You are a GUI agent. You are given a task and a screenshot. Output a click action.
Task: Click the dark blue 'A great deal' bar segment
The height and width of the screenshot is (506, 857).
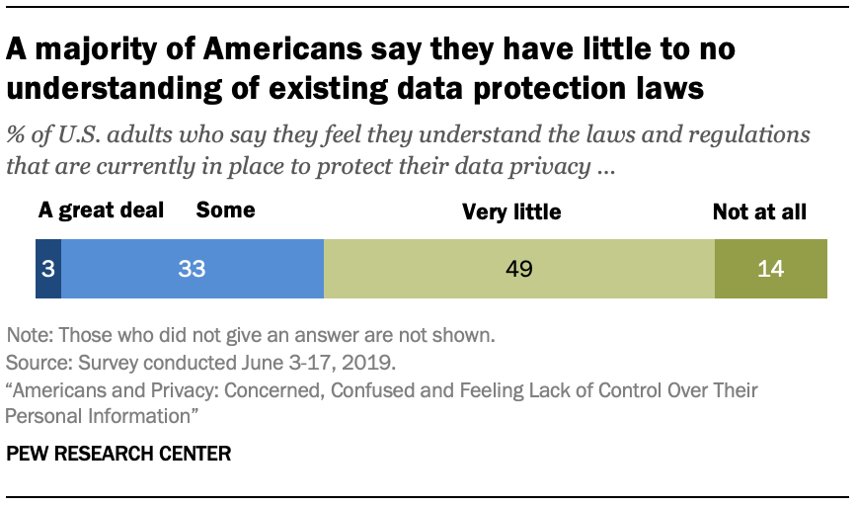pos(47,269)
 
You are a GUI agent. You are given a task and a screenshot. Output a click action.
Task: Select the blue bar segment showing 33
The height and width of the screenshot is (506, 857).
pos(192,269)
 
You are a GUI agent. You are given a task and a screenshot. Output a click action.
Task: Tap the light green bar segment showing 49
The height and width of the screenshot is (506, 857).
pos(518,269)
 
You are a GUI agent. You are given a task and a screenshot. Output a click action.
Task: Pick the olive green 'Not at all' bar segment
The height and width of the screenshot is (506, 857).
pos(770,269)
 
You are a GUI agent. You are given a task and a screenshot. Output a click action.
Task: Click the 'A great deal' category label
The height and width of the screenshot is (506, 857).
pos(102,211)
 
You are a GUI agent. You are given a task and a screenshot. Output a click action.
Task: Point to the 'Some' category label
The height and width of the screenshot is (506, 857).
pos(225,211)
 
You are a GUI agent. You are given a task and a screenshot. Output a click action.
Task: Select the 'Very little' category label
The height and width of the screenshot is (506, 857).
pos(511,211)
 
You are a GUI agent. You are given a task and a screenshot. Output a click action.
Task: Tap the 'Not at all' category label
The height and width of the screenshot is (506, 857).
pos(759,211)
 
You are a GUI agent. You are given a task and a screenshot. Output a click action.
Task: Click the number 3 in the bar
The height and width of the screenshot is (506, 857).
pos(47,269)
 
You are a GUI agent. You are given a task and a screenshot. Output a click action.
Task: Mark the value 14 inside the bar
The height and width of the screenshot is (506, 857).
pos(770,269)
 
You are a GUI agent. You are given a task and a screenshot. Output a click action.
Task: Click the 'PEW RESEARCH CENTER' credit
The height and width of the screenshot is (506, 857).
pos(118,455)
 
